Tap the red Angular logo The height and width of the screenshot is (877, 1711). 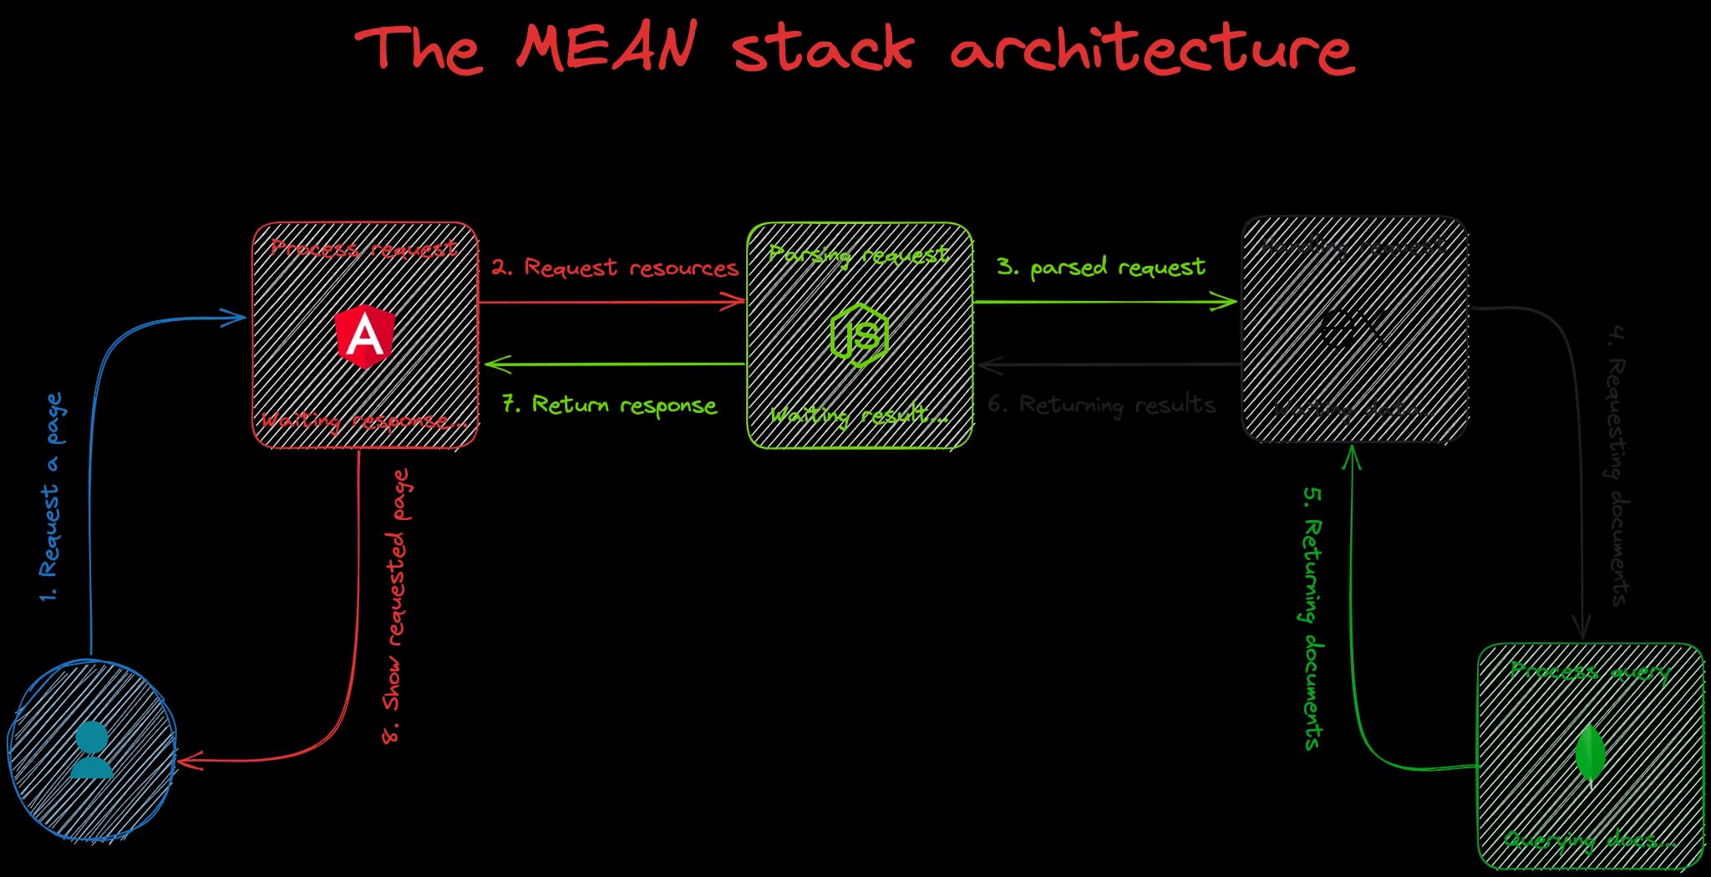click(x=365, y=336)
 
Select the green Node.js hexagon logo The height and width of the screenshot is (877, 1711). click(x=859, y=335)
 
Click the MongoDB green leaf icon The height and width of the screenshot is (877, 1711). click(x=1590, y=754)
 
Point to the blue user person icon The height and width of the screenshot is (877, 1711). click(x=91, y=750)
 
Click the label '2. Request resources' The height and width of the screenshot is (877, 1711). click(x=614, y=268)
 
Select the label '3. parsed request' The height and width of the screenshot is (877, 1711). click(x=1100, y=268)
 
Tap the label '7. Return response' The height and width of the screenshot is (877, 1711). click(x=609, y=405)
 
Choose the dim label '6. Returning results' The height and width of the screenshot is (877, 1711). click(x=1100, y=405)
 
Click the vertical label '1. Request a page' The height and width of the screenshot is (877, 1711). click(x=51, y=497)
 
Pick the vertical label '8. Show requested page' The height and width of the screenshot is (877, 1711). click(x=396, y=606)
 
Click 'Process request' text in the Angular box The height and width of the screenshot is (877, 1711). click(x=363, y=248)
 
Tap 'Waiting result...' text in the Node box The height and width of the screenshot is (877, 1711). click(x=859, y=415)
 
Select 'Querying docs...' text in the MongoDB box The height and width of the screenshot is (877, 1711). click(x=1589, y=839)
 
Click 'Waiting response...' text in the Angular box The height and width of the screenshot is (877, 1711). click(x=364, y=421)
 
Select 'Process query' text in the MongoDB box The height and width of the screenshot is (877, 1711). click(x=1589, y=671)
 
